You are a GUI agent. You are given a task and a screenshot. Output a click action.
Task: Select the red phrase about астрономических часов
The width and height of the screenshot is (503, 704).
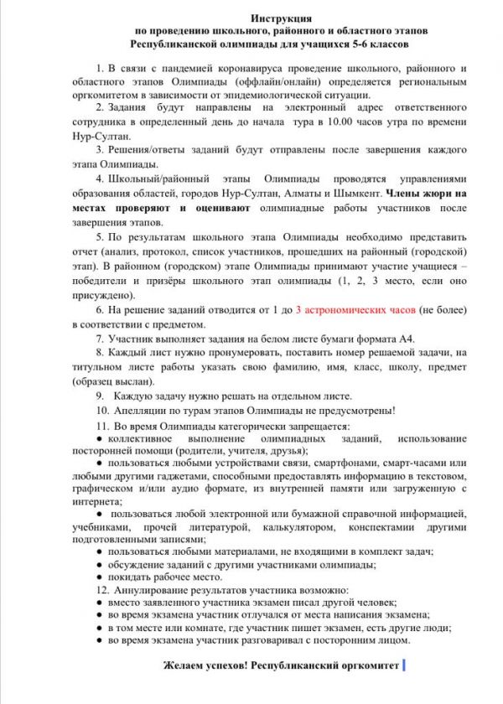coord(353,308)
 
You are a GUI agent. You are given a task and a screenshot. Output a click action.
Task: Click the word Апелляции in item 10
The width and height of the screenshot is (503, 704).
coord(140,410)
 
